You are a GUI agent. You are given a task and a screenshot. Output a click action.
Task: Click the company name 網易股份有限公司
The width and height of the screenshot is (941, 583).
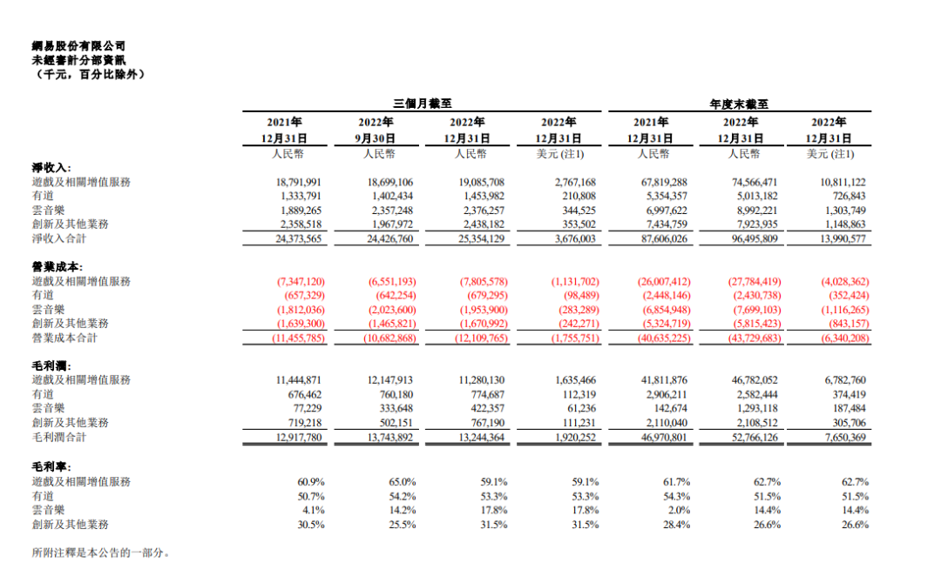pos(78,46)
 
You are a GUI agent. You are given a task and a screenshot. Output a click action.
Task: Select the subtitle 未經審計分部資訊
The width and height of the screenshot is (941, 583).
pos(78,60)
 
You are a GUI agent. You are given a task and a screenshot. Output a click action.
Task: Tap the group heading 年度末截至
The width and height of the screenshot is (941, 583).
pos(739,104)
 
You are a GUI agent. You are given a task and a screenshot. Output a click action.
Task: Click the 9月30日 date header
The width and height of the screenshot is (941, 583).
pos(376,138)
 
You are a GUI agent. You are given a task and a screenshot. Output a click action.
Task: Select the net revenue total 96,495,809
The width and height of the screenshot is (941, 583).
pos(746,238)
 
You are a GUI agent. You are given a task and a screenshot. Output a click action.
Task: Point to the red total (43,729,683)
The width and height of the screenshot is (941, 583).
pos(746,338)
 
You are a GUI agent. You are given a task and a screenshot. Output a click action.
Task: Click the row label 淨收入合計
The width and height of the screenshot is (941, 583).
pos(64,238)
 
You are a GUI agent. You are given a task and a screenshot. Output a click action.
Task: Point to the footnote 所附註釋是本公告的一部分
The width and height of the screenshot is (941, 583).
pos(99,553)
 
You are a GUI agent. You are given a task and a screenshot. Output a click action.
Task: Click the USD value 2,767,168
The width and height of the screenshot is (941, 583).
pos(575,182)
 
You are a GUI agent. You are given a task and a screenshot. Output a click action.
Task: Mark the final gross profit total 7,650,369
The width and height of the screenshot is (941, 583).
pos(840,437)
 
